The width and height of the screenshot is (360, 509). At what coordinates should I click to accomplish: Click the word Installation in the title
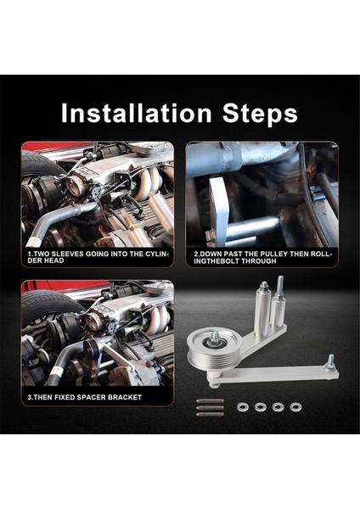pos(136,113)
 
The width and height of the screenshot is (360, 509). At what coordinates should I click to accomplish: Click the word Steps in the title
pos(260,114)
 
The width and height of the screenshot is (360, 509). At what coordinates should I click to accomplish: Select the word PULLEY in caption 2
pos(276,255)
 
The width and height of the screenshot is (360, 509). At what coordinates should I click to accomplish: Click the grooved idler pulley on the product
pos(215,350)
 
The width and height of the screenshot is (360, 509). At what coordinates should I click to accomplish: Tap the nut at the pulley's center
pos(215,338)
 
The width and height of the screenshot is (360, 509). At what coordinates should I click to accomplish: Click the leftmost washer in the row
pos(242,406)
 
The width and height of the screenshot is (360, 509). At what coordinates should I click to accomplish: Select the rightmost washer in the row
pos(295,406)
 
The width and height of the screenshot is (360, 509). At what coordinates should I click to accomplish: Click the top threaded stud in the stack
pos(210,401)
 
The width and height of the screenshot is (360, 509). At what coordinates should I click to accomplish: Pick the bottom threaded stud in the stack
pos(210,414)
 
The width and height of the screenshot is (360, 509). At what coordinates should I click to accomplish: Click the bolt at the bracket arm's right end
pos(330,361)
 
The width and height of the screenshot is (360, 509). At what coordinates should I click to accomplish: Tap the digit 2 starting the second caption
pos(196,255)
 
